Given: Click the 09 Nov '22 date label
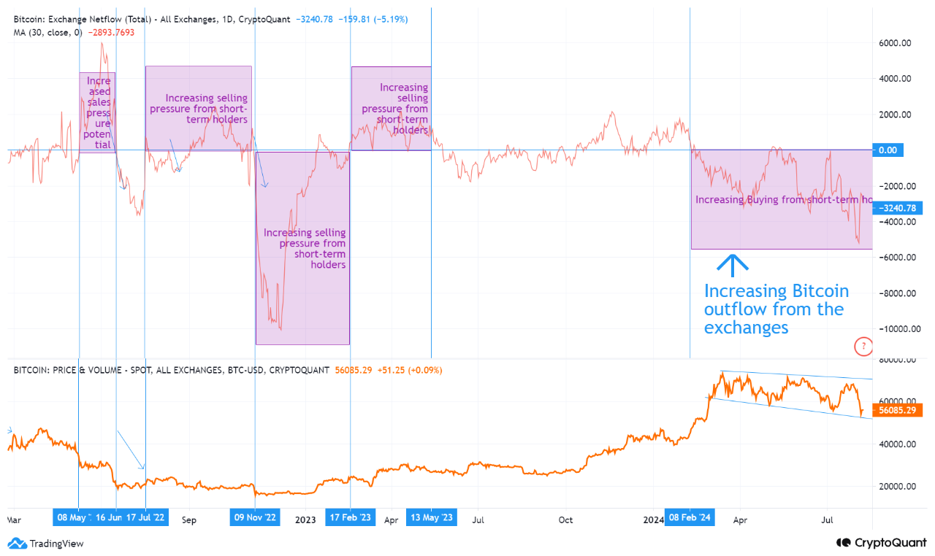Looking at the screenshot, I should click(254, 518).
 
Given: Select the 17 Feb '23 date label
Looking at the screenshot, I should click(350, 518).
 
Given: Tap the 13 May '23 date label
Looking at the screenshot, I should click(431, 518).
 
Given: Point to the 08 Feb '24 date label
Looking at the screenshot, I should click(690, 518).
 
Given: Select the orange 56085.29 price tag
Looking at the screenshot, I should click(898, 410).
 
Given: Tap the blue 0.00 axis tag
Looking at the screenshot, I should click(888, 150).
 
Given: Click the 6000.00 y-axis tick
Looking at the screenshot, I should click(895, 43).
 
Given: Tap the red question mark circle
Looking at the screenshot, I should click(863, 346).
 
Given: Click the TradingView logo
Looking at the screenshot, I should click(46, 543).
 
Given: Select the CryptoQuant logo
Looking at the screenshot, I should click(882, 543).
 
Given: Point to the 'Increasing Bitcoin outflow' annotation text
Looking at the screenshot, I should click(776, 309).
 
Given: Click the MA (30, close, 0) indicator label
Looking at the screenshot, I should click(47, 33).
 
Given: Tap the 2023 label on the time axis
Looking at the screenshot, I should click(305, 520).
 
